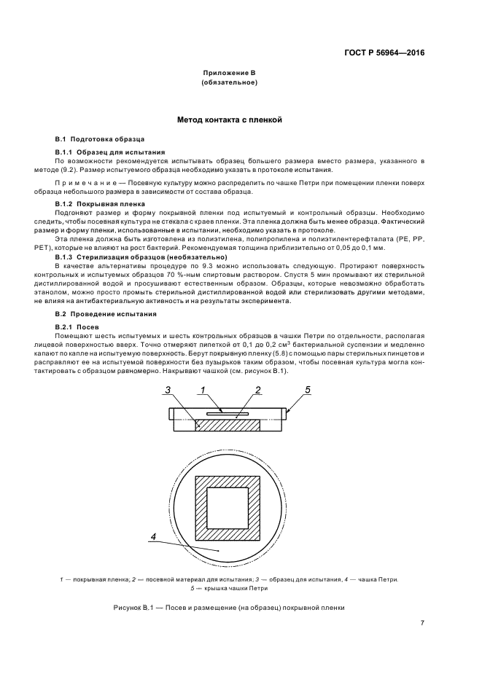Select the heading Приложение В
(229, 74)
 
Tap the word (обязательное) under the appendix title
(229, 83)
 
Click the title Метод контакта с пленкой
(229, 119)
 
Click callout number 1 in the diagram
(201, 390)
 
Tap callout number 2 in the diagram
(257, 390)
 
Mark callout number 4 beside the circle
(153, 537)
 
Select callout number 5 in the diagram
(307, 390)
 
